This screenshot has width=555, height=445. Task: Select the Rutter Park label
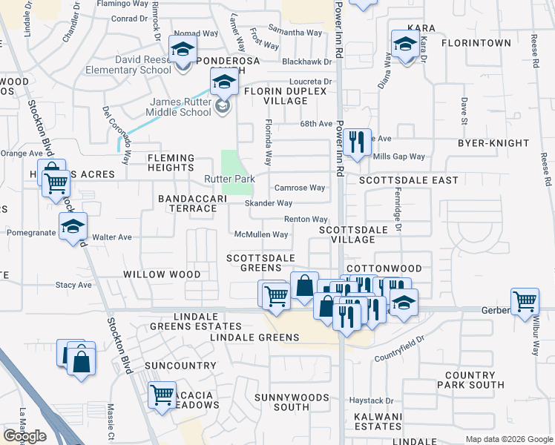click(230, 179)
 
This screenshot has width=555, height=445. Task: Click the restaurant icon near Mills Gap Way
click(357, 142)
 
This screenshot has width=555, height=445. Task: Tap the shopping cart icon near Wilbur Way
click(525, 302)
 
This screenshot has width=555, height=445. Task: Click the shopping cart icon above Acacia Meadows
click(162, 395)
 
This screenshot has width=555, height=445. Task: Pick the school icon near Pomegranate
click(73, 226)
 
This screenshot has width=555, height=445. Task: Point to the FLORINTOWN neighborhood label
click(476, 43)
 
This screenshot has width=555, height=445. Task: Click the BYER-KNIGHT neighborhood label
click(493, 142)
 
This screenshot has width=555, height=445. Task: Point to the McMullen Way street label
click(260, 234)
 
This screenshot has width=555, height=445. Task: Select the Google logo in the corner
click(24, 436)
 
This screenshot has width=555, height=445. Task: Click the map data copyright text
click(509, 439)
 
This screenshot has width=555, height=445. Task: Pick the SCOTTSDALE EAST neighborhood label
click(408, 180)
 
